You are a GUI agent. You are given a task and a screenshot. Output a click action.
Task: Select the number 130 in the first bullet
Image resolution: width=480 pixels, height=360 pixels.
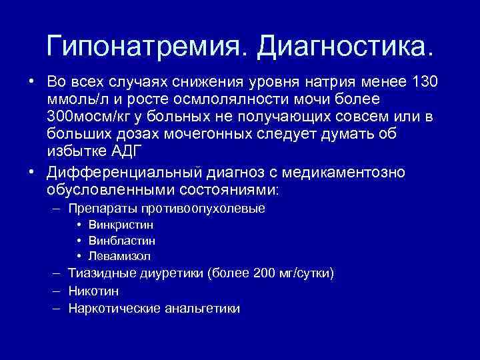coord(424,82)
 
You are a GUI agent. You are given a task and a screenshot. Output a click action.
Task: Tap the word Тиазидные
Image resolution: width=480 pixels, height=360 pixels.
coord(100,273)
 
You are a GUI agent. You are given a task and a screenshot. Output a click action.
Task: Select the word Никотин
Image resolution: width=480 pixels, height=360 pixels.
coord(93,291)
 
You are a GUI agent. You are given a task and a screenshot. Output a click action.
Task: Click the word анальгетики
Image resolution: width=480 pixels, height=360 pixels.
coord(199,309)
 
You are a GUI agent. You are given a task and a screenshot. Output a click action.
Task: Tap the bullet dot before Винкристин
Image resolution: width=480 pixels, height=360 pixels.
coord(79,225)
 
